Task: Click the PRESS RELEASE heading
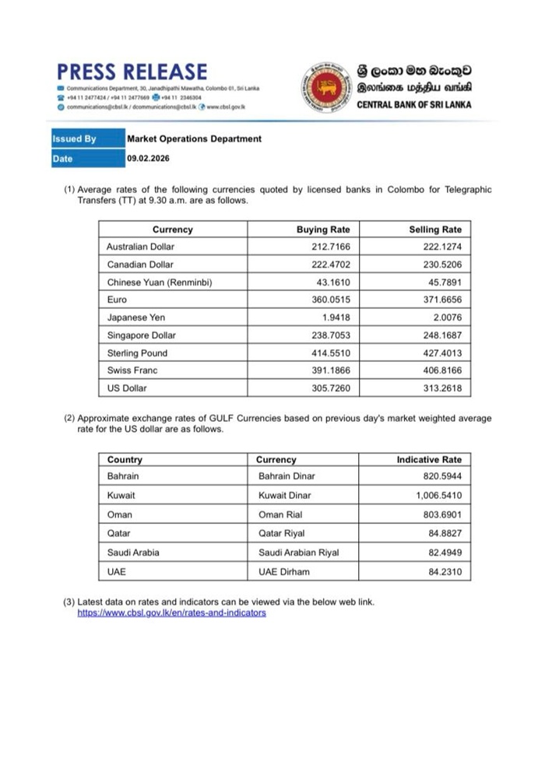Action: coord(132,72)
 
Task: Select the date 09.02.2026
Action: coord(148,159)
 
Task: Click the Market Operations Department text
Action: coord(194,139)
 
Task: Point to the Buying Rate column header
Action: coord(323,230)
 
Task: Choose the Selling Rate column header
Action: coord(434,230)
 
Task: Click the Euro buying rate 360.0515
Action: coord(331,300)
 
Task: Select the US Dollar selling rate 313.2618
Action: coord(441,388)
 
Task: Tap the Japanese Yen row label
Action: coord(136,318)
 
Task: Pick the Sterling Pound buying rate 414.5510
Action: coord(331,353)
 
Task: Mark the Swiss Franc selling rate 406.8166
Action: coord(441,370)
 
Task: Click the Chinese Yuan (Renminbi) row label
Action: coord(160,282)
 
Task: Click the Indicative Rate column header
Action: coord(429,459)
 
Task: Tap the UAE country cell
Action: coord(117,572)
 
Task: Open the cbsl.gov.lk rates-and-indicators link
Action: coord(171,613)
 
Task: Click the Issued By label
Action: coord(75,139)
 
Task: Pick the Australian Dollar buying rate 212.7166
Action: coord(331,247)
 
